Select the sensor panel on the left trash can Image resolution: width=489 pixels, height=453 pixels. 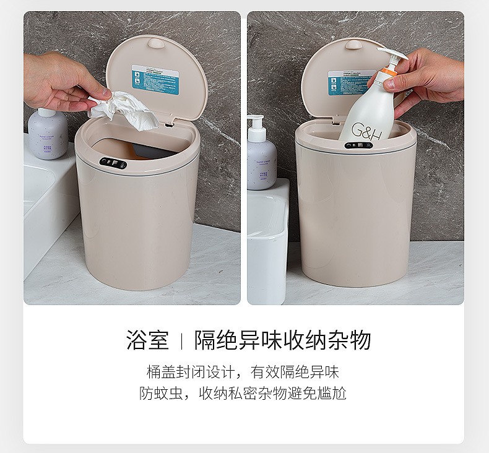(113, 163)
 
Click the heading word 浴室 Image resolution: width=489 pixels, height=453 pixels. (147, 340)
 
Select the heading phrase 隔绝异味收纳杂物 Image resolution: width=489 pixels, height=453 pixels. (283, 340)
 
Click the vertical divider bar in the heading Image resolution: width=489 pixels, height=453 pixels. (181, 341)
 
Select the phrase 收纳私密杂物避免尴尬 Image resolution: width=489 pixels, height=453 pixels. (272, 394)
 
